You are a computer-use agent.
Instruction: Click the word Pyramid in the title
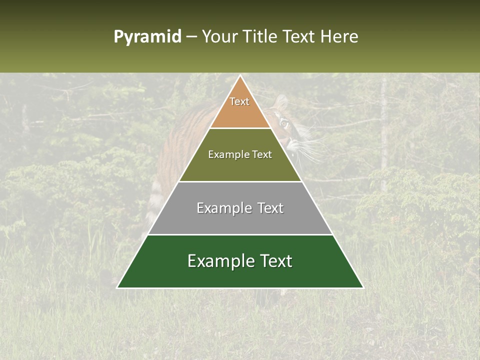point(147,37)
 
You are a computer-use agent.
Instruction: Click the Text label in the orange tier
point(239,101)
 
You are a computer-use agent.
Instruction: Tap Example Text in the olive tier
point(240,154)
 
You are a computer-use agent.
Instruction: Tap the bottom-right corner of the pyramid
point(362,287)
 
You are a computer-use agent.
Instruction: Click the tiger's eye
point(284,122)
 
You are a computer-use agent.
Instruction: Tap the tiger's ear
point(281,103)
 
